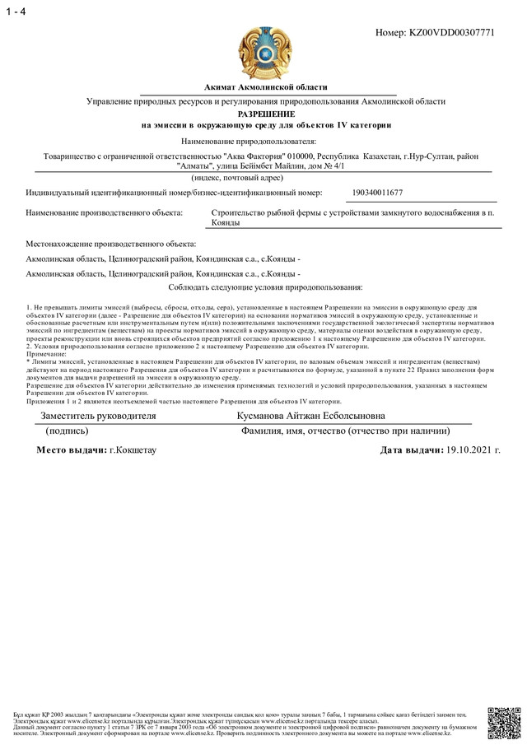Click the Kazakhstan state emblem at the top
pyautogui.click(x=264, y=52)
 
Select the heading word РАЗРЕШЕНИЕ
pyautogui.click(x=266, y=113)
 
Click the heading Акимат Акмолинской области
pyautogui.click(x=266, y=87)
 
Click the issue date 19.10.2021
pyautogui.click(x=472, y=450)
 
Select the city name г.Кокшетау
pyautogui.click(x=133, y=450)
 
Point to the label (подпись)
pyautogui.click(x=73, y=431)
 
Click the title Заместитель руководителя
pyautogui.click(x=92, y=417)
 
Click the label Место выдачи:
pyautogui.click(x=72, y=450)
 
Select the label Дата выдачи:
pyautogui.click(x=411, y=450)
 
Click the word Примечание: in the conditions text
pyautogui.click(x=49, y=353)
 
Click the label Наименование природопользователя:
pyautogui.click(x=265, y=142)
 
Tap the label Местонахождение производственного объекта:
pyautogui.click(x=112, y=244)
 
